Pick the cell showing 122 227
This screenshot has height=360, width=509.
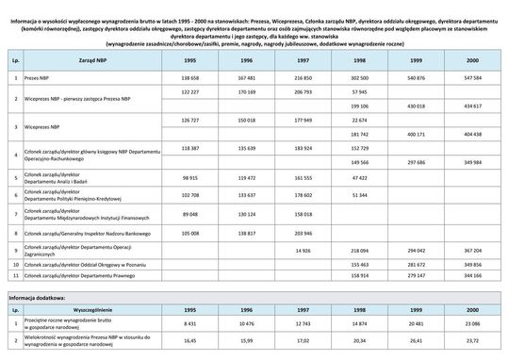point(189,92)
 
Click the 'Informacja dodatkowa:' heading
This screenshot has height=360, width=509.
point(37,296)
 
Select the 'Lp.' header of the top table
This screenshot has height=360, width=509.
point(15,58)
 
